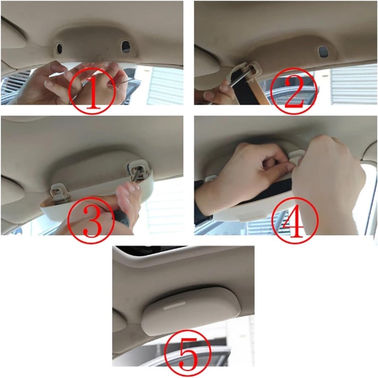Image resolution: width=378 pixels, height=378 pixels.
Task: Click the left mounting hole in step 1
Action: pyautogui.click(x=59, y=48)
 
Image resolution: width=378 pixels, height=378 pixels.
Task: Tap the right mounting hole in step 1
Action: pyautogui.click(x=125, y=46)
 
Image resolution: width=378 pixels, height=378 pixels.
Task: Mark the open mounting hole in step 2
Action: pyautogui.click(x=323, y=52)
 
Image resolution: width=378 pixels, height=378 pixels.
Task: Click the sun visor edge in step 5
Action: pyautogui.click(x=120, y=321)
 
